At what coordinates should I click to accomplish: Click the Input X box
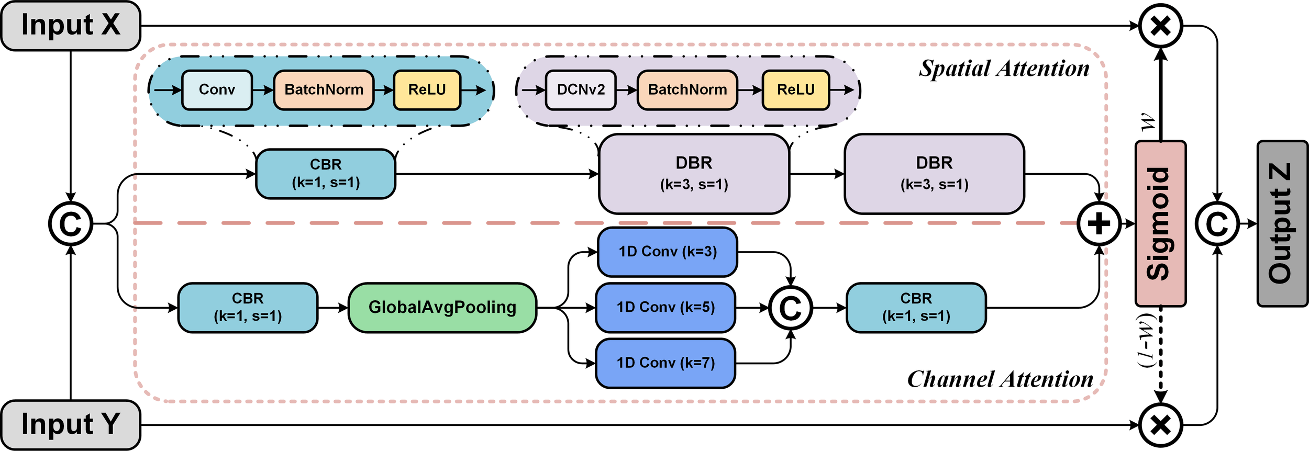71,26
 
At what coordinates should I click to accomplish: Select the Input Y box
71,424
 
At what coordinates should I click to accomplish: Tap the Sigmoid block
1160,223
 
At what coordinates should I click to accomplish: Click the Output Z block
1282,223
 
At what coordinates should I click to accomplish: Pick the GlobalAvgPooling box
442,308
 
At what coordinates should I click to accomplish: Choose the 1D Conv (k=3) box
668,252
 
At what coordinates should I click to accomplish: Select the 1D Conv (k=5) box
665,308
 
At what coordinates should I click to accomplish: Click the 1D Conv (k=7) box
665,363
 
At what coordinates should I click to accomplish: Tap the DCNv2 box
581,90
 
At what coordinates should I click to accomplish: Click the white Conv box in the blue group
217,90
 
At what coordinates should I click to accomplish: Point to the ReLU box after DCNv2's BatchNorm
796,90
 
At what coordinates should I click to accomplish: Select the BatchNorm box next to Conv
324,90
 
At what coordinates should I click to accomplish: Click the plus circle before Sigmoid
1099,223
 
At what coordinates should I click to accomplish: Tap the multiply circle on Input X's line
1161,26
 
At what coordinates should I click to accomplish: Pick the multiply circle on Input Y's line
1161,425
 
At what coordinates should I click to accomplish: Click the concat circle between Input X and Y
71,223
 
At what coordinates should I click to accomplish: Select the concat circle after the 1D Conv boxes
791,308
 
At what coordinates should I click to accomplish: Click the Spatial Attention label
1004,69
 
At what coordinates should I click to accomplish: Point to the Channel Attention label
1000,379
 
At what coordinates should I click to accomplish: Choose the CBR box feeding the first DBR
326,174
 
